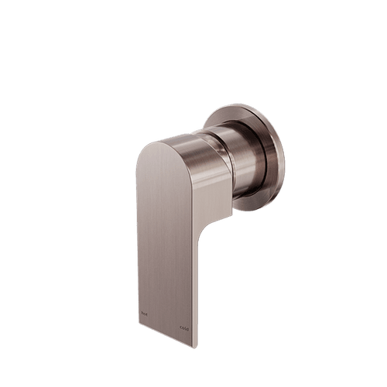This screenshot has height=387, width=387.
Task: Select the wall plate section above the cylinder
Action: tap(240, 112)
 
